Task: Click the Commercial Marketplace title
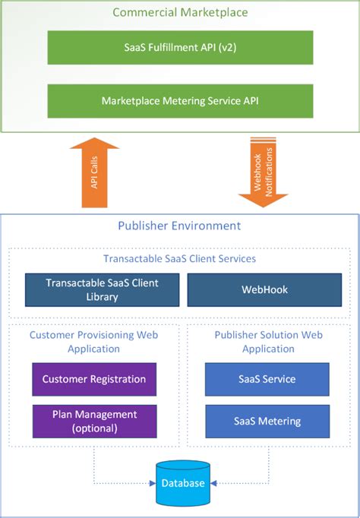(180, 13)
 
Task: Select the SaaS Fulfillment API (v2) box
(180, 47)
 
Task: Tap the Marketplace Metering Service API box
(180, 100)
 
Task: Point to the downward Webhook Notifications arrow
(263, 173)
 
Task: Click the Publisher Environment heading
(179, 226)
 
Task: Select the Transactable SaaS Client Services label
(179, 258)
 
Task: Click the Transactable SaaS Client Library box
(103, 289)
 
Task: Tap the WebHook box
(258, 289)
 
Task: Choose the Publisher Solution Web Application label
(267, 341)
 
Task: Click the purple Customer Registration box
(94, 379)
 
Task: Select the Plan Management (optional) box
(94, 421)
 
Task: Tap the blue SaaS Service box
(267, 379)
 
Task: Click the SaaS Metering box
(267, 421)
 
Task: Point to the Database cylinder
(182, 483)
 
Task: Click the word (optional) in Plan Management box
(94, 428)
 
